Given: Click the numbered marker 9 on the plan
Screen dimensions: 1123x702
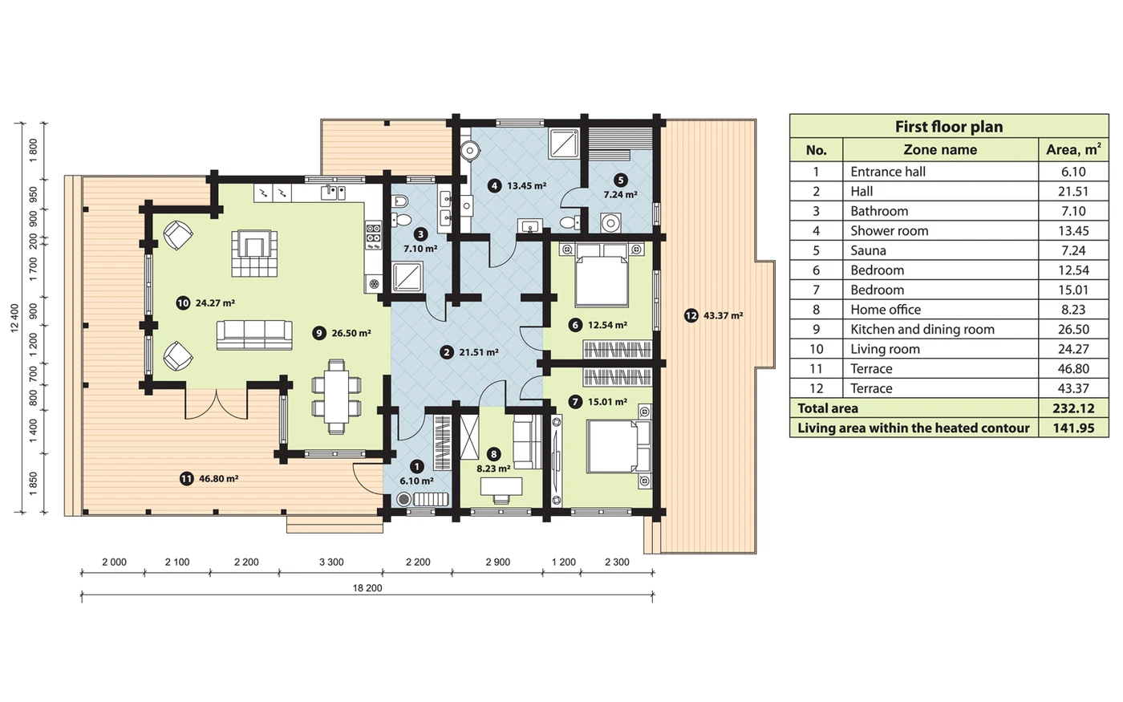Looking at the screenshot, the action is click(x=319, y=333).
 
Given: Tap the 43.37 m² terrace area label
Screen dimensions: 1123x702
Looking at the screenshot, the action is click(x=723, y=315).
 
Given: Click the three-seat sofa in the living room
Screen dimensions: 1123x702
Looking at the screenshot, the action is click(x=254, y=335).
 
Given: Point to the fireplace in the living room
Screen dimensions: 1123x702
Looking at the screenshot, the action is click(x=255, y=254).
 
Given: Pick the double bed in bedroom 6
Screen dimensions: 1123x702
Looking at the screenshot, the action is click(x=602, y=274).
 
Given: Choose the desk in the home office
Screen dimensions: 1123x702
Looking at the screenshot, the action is click(x=501, y=486).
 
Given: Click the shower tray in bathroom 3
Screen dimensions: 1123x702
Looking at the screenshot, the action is click(x=407, y=277).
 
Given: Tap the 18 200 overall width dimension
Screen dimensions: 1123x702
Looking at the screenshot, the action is click(x=367, y=587).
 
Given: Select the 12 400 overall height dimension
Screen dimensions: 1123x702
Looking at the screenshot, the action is click(x=14, y=318).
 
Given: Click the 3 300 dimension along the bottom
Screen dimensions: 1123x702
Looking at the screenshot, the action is click(x=331, y=562).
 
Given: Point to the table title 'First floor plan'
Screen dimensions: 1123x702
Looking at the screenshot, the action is click(x=949, y=127).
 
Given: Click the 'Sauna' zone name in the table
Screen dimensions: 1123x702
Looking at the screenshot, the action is click(x=868, y=250).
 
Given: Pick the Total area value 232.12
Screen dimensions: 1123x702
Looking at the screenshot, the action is click(x=1073, y=408).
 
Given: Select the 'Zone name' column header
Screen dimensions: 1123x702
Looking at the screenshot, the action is click(x=940, y=149).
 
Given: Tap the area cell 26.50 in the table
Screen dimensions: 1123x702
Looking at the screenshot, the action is click(x=1073, y=330).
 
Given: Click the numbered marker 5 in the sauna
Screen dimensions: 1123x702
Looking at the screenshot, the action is click(x=620, y=180).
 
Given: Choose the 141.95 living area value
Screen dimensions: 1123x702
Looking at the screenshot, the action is click(x=1073, y=428).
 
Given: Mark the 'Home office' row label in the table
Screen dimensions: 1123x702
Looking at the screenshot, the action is click(x=886, y=310).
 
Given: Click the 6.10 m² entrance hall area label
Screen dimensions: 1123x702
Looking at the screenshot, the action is click(x=416, y=481).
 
